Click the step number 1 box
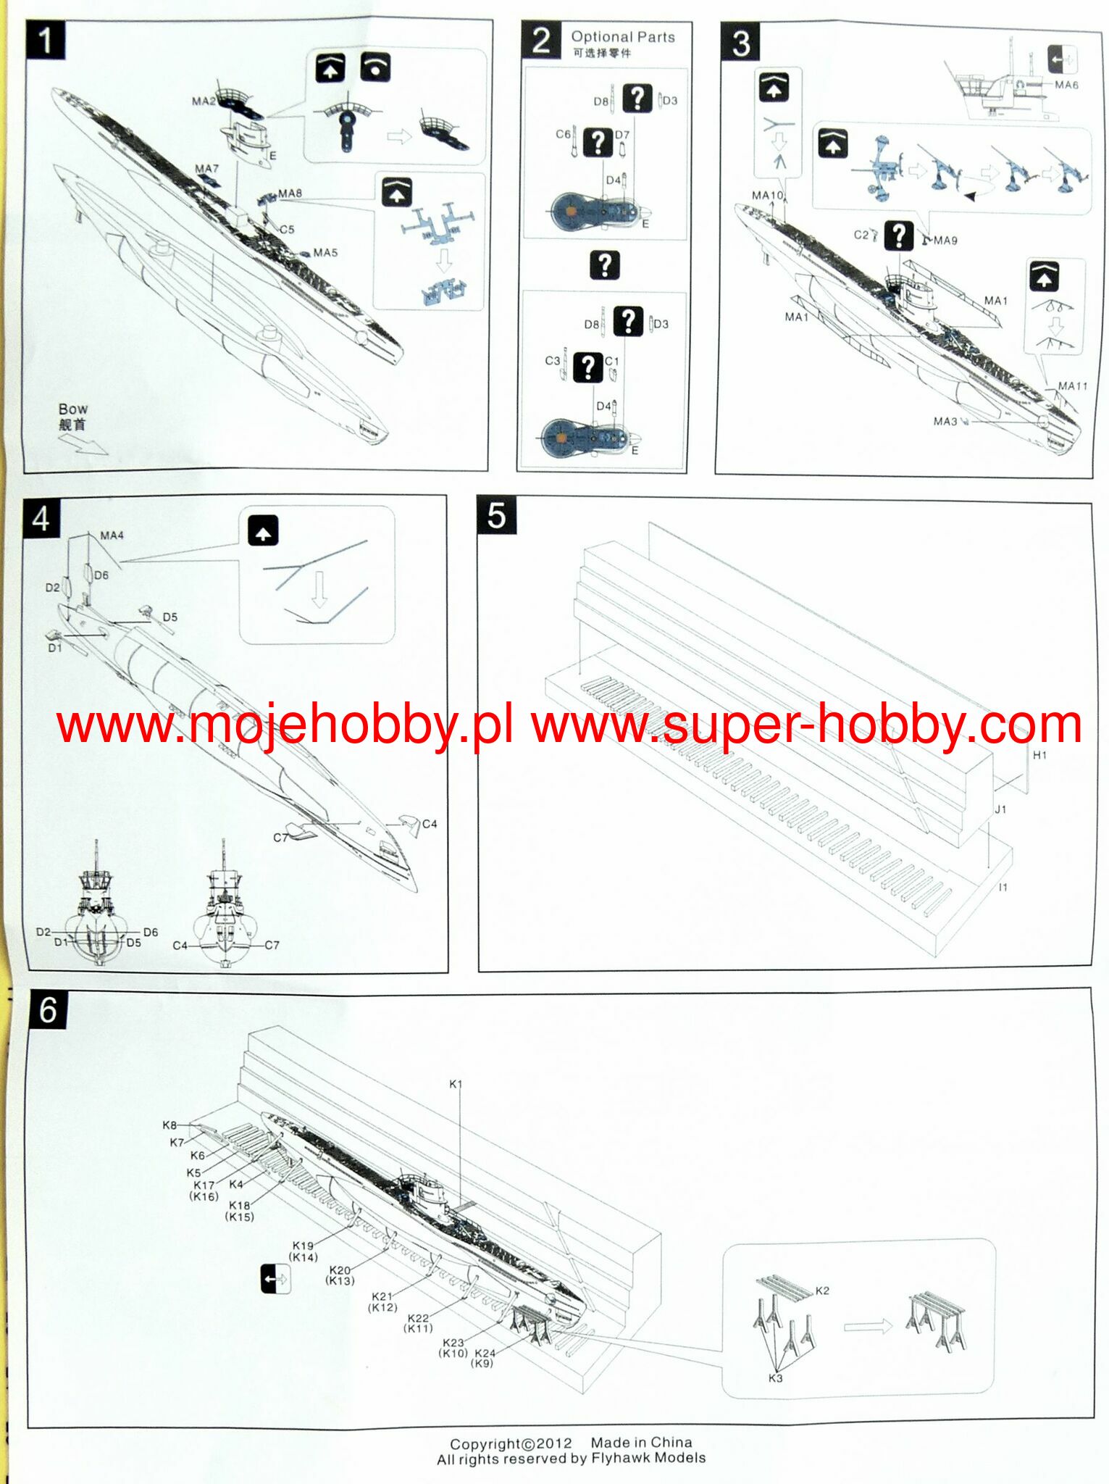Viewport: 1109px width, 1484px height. [x=45, y=40]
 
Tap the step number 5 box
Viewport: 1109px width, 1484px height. [x=496, y=516]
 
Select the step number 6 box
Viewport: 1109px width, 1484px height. [x=48, y=1009]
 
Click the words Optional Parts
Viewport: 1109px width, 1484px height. [x=622, y=37]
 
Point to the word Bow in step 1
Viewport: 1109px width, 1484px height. [x=72, y=409]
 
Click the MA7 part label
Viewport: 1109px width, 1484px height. [x=206, y=169]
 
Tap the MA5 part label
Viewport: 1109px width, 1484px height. [x=325, y=253]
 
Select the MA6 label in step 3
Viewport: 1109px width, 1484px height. [x=1066, y=85]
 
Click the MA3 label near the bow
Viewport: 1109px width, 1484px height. [x=945, y=421]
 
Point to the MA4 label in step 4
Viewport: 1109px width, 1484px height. [x=112, y=535]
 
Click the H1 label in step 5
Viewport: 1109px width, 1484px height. [x=1039, y=755]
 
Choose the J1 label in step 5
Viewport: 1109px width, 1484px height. [x=1000, y=809]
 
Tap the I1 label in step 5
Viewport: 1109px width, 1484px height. [x=1003, y=887]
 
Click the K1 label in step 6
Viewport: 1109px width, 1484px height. [x=455, y=1084]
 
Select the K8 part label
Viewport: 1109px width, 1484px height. [x=169, y=1125]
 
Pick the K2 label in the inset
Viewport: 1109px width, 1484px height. [x=822, y=1291]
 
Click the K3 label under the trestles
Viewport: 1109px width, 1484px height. [x=775, y=1377]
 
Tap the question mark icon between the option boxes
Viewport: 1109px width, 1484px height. [x=604, y=265]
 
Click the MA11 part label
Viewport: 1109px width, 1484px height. [x=1072, y=386]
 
